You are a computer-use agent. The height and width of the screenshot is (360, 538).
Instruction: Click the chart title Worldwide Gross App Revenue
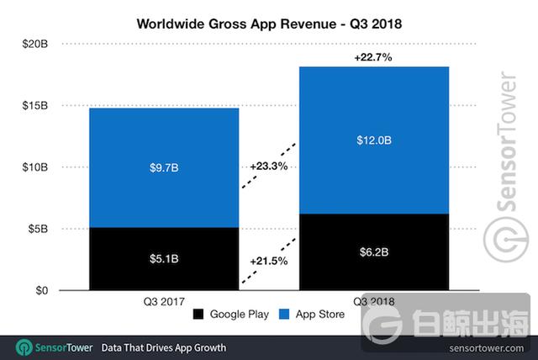[x=269, y=24]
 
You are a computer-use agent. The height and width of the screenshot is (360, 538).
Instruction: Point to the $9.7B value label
[x=164, y=168]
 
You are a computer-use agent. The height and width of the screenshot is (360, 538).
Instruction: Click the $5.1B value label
[x=164, y=259]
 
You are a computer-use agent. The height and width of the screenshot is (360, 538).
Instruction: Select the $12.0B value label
[x=374, y=140]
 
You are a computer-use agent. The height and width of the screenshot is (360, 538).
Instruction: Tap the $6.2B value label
[x=374, y=252]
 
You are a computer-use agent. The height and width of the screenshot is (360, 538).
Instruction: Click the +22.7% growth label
[x=374, y=57]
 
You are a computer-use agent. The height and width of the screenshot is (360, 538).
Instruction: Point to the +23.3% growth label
[x=269, y=167]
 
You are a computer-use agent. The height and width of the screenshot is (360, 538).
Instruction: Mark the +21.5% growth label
[x=269, y=262]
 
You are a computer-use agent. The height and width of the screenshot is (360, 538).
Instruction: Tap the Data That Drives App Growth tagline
[x=162, y=347]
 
